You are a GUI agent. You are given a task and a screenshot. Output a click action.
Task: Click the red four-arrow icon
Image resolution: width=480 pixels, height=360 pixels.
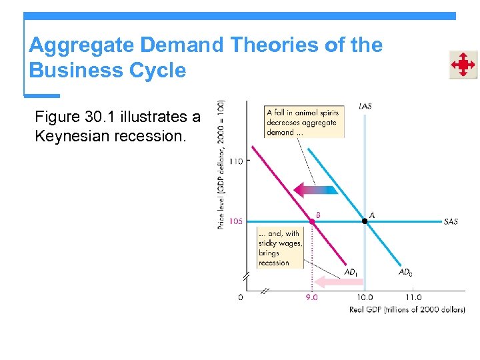(462, 65)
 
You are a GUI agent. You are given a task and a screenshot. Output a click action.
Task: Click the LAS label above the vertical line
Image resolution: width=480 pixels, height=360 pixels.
(365, 106)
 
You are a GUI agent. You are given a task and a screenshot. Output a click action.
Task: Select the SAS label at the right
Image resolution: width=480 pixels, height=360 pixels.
(451, 221)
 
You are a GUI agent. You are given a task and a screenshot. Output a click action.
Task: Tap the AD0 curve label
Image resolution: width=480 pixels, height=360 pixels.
(405, 272)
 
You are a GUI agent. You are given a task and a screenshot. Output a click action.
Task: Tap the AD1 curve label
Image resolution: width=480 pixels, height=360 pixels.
(351, 272)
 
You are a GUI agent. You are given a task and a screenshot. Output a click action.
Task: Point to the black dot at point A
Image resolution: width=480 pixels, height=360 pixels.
(365, 221)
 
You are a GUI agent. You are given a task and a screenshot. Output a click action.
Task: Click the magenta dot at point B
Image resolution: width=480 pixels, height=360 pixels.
(311, 221)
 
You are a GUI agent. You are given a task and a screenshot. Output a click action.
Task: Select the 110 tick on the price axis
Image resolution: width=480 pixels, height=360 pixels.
(235, 161)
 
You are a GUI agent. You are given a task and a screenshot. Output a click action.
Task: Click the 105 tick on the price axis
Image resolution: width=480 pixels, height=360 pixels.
(235, 221)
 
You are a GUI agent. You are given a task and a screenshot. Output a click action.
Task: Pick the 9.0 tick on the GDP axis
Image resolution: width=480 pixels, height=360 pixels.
(311, 297)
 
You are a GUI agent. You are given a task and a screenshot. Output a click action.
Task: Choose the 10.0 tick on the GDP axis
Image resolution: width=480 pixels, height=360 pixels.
(365, 297)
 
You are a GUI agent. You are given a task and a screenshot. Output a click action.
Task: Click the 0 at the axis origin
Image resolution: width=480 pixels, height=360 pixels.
(241, 297)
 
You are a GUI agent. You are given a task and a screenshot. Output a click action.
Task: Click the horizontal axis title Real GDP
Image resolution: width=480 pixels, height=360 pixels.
(407, 309)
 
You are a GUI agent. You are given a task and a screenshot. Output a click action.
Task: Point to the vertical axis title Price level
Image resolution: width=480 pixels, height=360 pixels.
(221, 164)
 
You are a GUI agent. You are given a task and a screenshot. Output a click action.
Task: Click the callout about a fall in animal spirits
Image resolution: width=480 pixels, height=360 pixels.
(304, 122)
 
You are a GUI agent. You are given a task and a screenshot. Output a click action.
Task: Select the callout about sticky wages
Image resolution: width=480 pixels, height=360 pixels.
(281, 248)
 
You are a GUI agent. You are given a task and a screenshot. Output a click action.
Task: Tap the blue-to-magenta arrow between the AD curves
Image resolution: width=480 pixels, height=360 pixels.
(316, 190)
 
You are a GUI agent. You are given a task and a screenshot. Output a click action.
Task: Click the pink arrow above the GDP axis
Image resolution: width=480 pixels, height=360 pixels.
(338, 281)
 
